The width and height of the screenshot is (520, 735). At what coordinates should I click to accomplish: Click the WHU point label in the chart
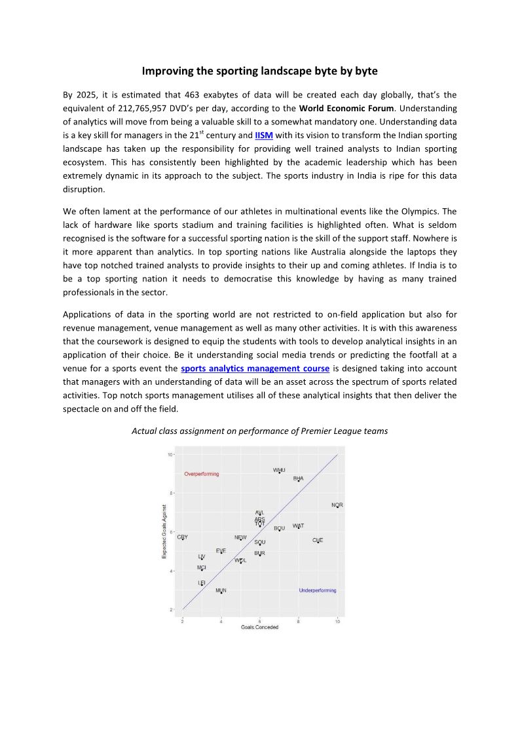[x=279, y=470]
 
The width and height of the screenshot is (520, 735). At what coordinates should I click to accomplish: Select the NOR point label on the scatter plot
[x=337, y=505]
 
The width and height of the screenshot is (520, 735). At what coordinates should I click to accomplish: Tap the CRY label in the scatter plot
[x=182, y=537]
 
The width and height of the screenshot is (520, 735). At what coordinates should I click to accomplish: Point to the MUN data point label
[x=221, y=590]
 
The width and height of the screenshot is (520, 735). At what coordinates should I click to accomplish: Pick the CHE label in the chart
[x=318, y=540]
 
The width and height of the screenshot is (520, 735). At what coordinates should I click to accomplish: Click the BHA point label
[x=298, y=478]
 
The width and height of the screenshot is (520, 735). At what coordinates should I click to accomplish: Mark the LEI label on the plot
[x=202, y=582]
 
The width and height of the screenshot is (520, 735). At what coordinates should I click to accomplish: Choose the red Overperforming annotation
[x=202, y=474]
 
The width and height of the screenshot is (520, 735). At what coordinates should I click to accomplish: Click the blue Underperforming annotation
[x=318, y=590]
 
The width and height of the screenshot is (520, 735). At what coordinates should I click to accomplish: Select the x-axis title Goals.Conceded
[x=259, y=627]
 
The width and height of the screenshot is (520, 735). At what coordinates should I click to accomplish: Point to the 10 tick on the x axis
[x=337, y=620]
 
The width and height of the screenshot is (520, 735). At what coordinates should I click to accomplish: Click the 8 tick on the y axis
[x=170, y=493]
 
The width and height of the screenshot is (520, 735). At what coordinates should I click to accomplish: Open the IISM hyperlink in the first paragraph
[x=263, y=135]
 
